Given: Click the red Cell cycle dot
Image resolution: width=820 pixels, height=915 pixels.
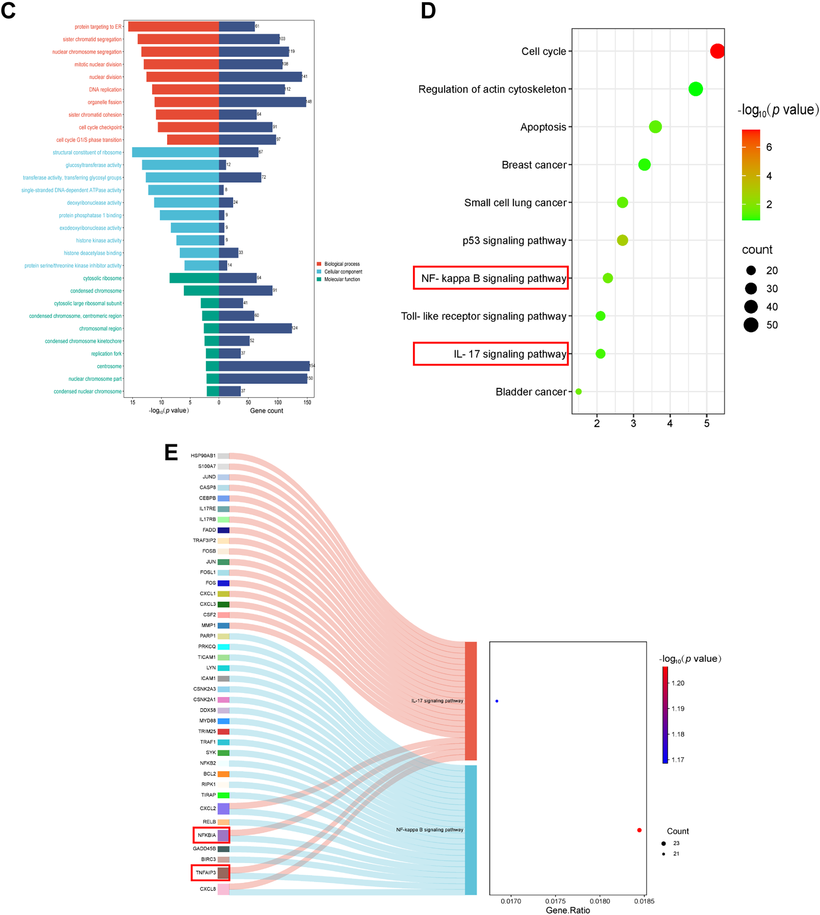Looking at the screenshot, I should pyautogui.click(x=717, y=51).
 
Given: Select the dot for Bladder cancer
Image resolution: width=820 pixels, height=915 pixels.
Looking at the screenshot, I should pyautogui.click(x=579, y=391).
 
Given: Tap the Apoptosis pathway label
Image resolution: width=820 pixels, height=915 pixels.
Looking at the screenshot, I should pyautogui.click(x=543, y=127).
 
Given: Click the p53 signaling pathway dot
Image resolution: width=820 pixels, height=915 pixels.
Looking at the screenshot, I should pyautogui.click(x=622, y=240).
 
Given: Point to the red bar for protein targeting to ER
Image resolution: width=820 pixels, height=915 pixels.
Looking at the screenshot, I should pyautogui.click(x=173, y=26).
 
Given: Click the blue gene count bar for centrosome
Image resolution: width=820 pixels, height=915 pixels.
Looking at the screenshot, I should pyautogui.click(x=264, y=366).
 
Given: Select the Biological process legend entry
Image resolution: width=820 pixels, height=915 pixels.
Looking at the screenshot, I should pyautogui.click(x=341, y=264).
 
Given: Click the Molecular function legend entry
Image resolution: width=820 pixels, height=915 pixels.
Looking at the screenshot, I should pyautogui.click(x=341, y=280).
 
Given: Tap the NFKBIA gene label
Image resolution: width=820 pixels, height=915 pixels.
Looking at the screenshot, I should pyautogui.click(x=207, y=835).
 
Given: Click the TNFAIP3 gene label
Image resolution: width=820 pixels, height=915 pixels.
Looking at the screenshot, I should pyautogui.click(x=205, y=873).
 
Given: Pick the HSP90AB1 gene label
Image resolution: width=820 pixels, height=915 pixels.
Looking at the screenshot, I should pyautogui.click(x=203, y=456).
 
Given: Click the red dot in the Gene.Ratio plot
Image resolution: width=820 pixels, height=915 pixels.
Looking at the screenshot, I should pyautogui.click(x=639, y=830).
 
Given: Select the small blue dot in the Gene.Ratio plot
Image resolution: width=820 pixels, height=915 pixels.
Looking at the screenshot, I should pyautogui.click(x=497, y=701).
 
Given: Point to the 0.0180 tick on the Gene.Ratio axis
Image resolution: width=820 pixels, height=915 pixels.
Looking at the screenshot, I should pyautogui.click(x=600, y=901).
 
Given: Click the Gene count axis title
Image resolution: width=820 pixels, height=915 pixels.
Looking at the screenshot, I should pyautogui.click(x=266, y=411).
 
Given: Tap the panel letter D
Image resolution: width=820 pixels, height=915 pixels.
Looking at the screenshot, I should pyautogui.click(x=428, y=11).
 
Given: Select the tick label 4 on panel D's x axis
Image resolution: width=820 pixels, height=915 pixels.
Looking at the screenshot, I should pyautogui.click(x=670, y=423).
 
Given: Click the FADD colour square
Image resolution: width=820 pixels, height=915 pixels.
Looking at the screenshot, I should pyautogui.click(x=223, y=530).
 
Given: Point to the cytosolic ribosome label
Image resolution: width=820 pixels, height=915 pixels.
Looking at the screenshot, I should pyautogui.click(x=102, y=278).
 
